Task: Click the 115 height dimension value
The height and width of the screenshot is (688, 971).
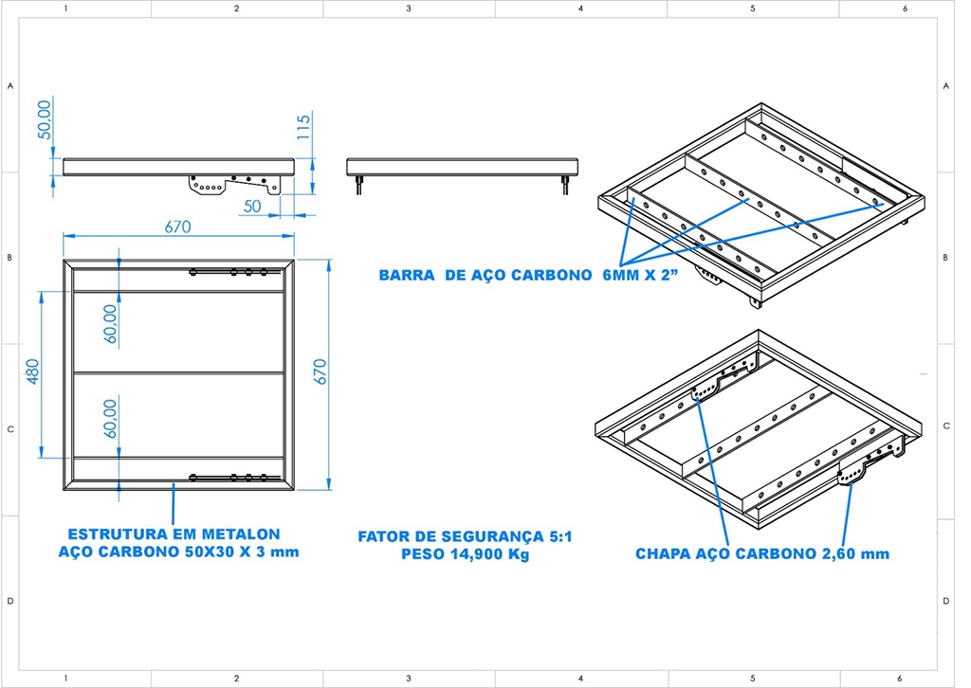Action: tap(303, 127)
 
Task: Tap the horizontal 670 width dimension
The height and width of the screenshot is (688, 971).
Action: tap(177, 226)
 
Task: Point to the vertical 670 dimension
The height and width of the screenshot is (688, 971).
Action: tap(320, 371)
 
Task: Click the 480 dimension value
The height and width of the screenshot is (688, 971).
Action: tap(32, 371)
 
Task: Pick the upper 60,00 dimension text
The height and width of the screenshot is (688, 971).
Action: tap(110, 323)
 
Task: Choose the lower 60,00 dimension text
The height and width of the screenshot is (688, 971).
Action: tap(110, 418)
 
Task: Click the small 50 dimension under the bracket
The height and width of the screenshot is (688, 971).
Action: tap(252, 206)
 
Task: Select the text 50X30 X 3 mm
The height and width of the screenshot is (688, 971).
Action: tap(243, 552)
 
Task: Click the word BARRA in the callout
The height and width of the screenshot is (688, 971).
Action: tap(406, 276)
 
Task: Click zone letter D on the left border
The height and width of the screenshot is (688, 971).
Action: tap(9, 601)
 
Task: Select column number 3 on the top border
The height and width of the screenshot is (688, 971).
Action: tap(408, 9)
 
